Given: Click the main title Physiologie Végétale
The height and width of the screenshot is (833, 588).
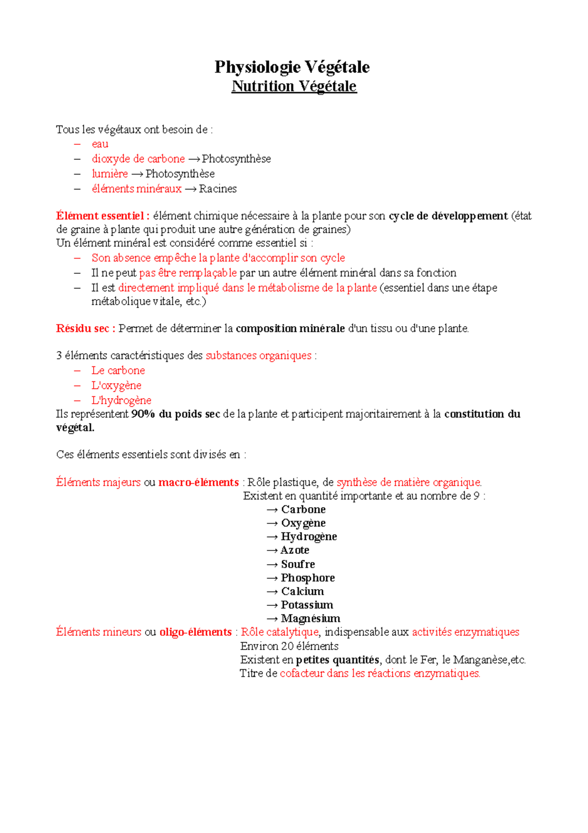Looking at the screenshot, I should coord(292,67).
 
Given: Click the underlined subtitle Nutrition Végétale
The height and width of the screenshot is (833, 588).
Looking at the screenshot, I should coord(294,86).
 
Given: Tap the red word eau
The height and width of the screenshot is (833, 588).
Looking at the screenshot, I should coord(100,144).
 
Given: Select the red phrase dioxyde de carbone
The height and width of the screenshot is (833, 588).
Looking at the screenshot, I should coord(138,159).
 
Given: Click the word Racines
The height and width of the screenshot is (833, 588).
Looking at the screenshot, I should coord(218,189).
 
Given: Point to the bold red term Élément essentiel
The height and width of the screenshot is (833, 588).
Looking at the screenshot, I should coord(100,216).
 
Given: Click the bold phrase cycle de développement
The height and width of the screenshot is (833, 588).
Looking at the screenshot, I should coord(448,216).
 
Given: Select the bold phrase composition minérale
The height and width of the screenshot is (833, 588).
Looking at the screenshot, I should coord(290,329).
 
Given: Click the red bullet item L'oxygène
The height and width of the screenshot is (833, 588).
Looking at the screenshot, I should coord(116,386).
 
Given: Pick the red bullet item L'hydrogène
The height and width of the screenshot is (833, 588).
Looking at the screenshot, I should coord(121,400).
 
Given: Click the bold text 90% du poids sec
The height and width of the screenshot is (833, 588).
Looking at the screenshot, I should coord(175,414).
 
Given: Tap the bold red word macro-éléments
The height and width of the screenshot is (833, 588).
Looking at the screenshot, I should coord(198,482).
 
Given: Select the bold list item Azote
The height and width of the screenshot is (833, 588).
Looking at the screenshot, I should coord(294,550).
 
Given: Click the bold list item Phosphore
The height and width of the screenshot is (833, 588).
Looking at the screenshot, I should coord(308,578).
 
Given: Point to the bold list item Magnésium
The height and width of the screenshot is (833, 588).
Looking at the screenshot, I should coord(310,619).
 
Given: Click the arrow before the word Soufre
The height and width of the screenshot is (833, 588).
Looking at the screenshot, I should coord(272,565).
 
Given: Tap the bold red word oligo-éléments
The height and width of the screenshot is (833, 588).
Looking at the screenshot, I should coord(196,632).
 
